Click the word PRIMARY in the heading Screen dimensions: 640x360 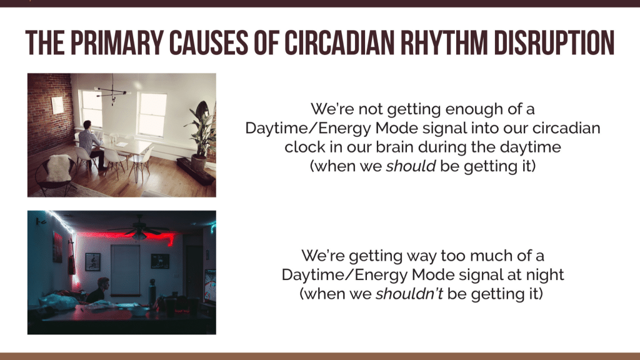coord(117,42)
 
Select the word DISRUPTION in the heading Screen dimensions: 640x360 coord(554,42)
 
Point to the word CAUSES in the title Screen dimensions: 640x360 coord(208,42)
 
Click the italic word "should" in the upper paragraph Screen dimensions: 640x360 coord(411,166)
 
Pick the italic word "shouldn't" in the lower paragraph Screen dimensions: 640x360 coord(409,294)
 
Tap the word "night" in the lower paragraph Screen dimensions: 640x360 coord(545,275)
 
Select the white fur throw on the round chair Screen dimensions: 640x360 coord(59,167)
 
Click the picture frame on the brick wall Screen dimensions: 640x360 coord(57,105)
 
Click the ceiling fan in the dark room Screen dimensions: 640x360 coord(139,229)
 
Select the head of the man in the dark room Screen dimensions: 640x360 coord(103,284)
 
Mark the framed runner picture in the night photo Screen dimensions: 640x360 coord(92,262)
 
